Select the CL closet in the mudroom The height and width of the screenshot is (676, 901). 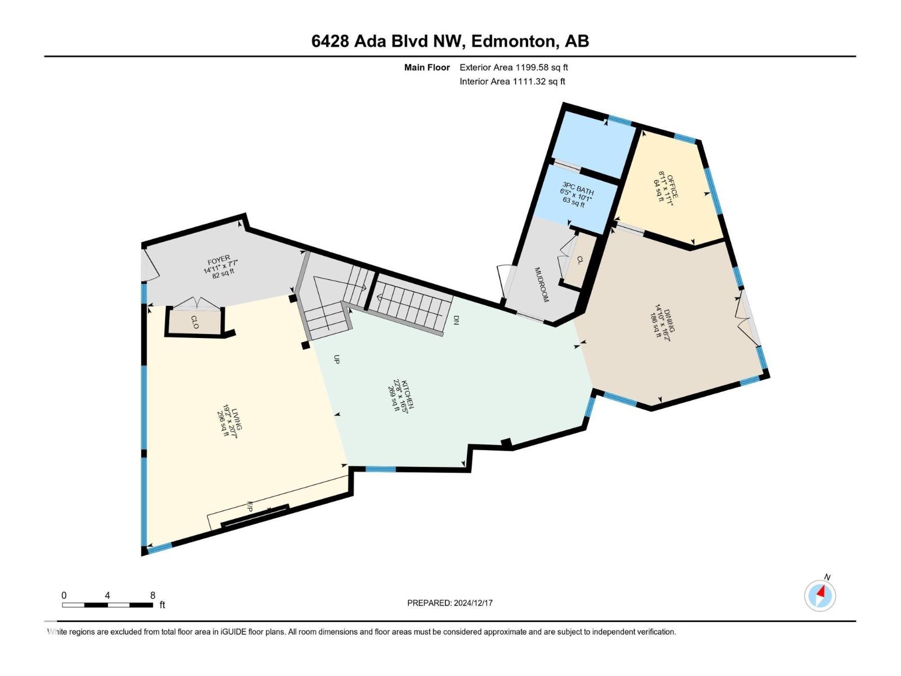point(579,260)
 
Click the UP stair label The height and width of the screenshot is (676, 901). point(337,359)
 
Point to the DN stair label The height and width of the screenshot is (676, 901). point(456,320)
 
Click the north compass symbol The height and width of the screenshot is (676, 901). point(820,595)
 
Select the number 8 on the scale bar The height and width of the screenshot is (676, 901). point(153,595)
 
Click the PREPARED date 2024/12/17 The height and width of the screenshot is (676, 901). point(472,603)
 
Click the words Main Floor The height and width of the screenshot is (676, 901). point(427,68)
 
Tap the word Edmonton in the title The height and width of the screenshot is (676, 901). point(511,41)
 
